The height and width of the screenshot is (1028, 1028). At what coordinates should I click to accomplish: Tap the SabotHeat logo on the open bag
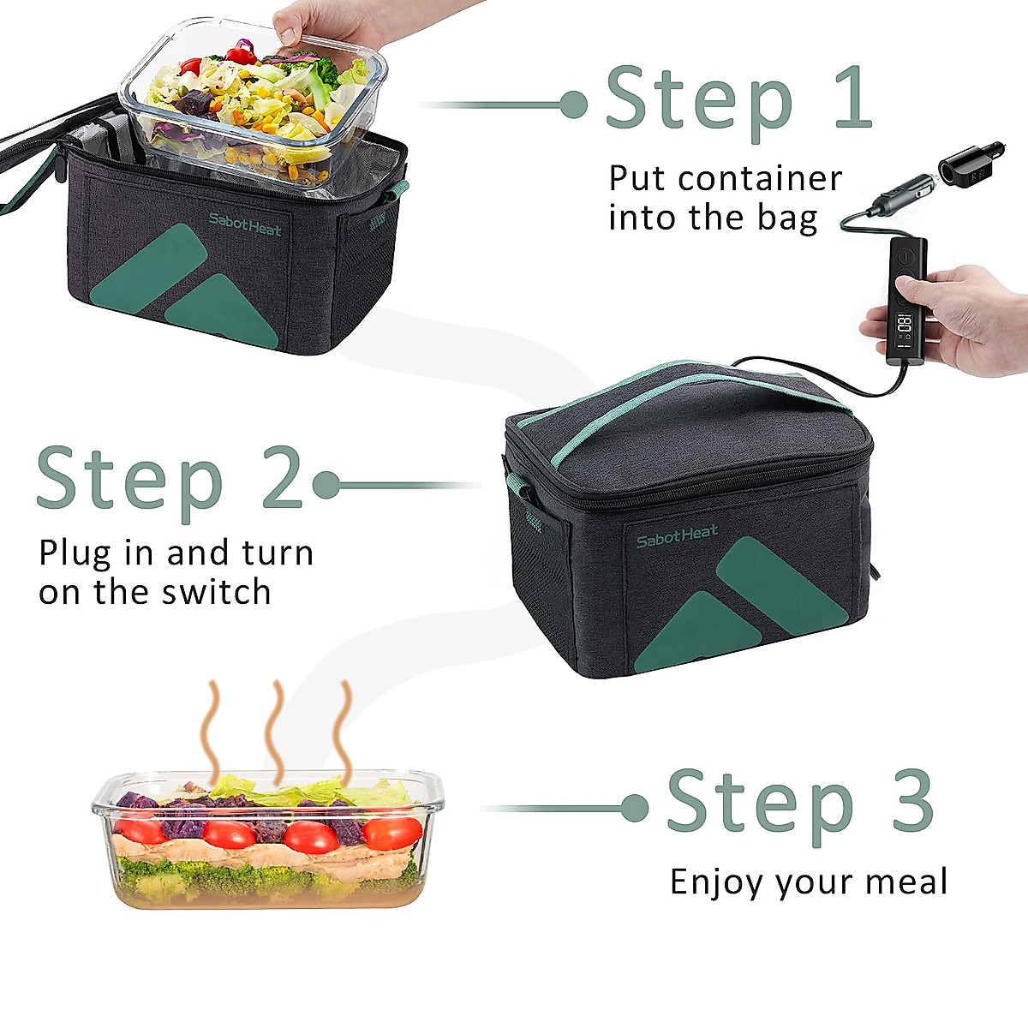point(245,224)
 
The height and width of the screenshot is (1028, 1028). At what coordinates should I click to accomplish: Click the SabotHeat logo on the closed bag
point(677,537)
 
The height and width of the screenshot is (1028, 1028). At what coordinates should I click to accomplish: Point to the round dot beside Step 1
point(573,105)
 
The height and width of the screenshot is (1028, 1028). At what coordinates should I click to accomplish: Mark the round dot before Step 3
point(634,808)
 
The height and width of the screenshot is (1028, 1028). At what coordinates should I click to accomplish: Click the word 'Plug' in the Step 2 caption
point(75,553)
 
